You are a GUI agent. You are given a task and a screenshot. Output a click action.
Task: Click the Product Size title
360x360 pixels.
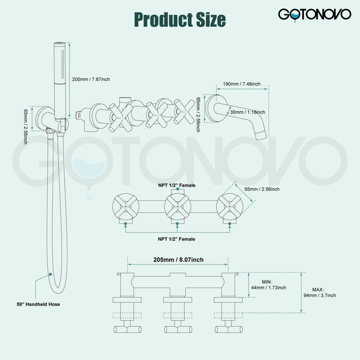coord(180,20)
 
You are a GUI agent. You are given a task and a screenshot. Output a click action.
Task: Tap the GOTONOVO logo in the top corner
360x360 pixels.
coord(315,15)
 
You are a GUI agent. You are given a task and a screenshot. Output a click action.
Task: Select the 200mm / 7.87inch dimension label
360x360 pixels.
coord(91,79)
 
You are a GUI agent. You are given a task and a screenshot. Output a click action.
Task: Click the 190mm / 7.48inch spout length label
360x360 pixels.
coord(242,84)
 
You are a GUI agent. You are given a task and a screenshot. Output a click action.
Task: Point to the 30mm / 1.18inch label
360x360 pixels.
coord(247,112)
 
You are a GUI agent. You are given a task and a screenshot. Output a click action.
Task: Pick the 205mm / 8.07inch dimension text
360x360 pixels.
coord(178,260)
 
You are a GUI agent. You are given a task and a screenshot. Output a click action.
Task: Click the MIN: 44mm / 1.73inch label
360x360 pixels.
coord(268,285)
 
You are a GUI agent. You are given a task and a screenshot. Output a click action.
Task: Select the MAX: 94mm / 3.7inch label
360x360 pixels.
coord(319,293)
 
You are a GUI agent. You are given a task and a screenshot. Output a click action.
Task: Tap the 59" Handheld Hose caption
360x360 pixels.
coord(39,304)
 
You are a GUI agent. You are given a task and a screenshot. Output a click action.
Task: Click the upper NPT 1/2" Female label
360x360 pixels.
coord(176,185)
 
